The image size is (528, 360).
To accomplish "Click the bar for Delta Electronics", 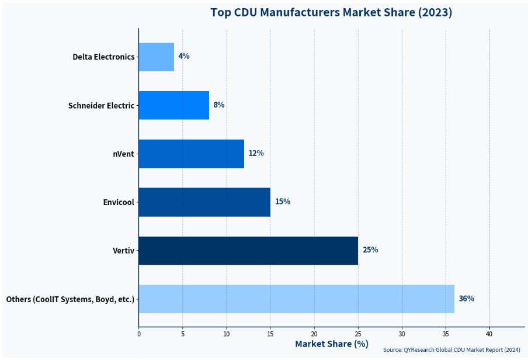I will pyautogui.click(x=156, y=57).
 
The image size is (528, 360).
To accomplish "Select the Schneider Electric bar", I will pyautogui.click(x=173, y=105).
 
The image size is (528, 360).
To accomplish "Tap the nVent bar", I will pyautogui.click(x=191, y=154).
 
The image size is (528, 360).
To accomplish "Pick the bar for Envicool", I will pyautogui.click(x=204, y=202).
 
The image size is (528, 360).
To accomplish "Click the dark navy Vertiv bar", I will pyautogui.click(x=248, y=250).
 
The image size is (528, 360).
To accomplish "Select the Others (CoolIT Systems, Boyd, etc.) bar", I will pyautogui.click(x=296, y=299).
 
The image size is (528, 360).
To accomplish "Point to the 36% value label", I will pyautogui.click(x=466, y=299).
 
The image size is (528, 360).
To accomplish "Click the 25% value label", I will pyautogui.click(x=370, y=250).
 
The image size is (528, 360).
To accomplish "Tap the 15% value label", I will pyautogui.click(x=283, y=202).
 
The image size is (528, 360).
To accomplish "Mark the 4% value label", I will pyautogui.click(x=184, y=57).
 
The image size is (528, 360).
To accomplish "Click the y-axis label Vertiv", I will pyautogui.click(x=123, y=251).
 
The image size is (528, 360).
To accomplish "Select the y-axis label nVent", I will pyautogui.click(x=123, y=154).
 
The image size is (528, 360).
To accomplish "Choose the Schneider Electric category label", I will pyautogui.click(x=101, y=106).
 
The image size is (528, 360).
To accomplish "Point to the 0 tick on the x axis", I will pyautogui.click(x=138, y=334).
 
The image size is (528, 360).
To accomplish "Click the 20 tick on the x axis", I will pyautogui.click(x=314, y=334).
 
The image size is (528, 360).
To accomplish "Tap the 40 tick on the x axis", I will pyautogui.click(x=489, y=334).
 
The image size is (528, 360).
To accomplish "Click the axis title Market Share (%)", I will pyautogui.click(x=331, y=344).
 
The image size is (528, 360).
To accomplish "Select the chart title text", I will pyautogui.click(x=331, y=12).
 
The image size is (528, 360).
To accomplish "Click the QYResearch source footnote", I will pyautogui.click(x=451, y=350).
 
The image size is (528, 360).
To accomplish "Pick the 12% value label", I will pyautogui.click(x=256, y=154).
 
